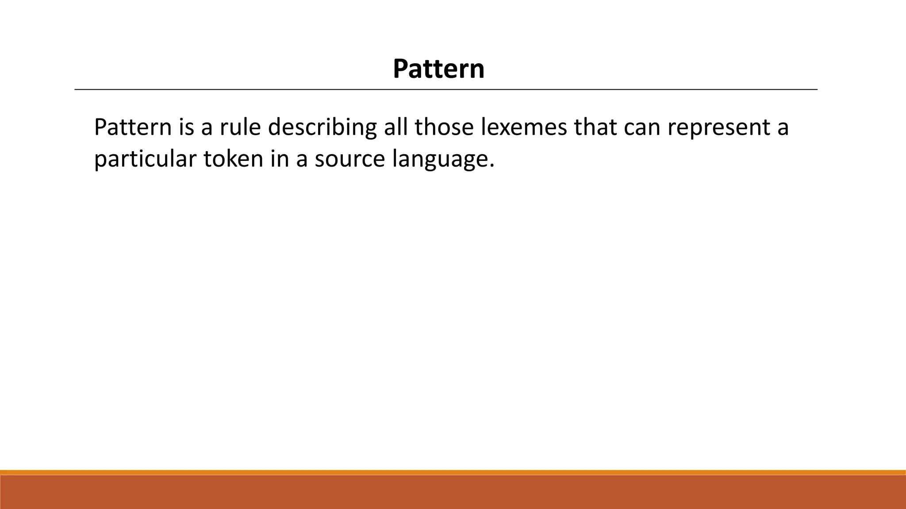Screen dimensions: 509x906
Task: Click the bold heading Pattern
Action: pyautogui.click(x=438, y=69)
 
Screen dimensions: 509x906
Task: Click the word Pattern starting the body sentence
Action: pyautogui.click(x=132, y=128)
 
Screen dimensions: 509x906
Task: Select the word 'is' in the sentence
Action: pyautogui.click(x=186, y=128)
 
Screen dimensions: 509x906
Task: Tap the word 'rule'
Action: pyautogui.click(x=239, y=128)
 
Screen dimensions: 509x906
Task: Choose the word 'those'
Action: pyautogui.click(x=444, y=128)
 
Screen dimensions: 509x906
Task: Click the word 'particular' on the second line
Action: pyautogui.click(x=145, y=160)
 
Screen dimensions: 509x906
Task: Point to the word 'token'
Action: pyautogui.click(x=233, y=159)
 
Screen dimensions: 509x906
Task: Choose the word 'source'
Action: pyautogui.click(x=349, y=160)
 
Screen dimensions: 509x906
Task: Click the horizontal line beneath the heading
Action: pyautogui.click(x=446, y=90)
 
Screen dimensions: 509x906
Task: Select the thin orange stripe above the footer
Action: pyautogui.click(x=453, y=472)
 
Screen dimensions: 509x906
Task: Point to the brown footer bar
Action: pyautogui.click(x=453, y=492)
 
